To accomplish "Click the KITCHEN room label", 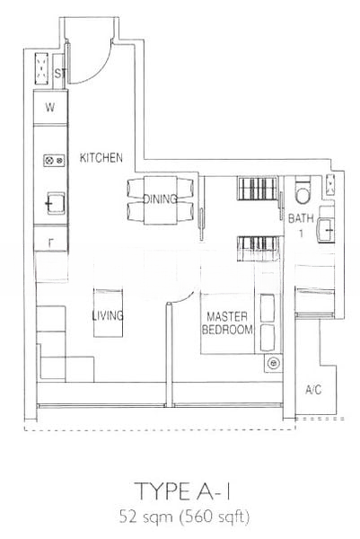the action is point(101,158).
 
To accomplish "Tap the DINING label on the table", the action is point(160,199).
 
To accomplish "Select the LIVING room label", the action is point(108,315).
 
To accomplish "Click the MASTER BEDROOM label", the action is point(227,323).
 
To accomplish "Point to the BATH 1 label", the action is point(301,225).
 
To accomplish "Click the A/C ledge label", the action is point(313,390).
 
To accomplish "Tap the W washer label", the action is point(50,107).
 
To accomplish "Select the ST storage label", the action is point(60,74).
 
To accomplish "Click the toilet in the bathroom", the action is point(303,190).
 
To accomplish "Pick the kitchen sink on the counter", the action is point(55,203).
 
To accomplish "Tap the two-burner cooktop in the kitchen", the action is point(54,160).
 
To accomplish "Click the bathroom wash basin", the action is point(326,230).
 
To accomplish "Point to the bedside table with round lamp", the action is point(274,363).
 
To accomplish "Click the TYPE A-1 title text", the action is point(183,491).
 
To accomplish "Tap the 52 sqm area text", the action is point(146,517).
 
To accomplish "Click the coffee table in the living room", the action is point(109,313).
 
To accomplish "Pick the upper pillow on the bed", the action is point(268,308).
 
